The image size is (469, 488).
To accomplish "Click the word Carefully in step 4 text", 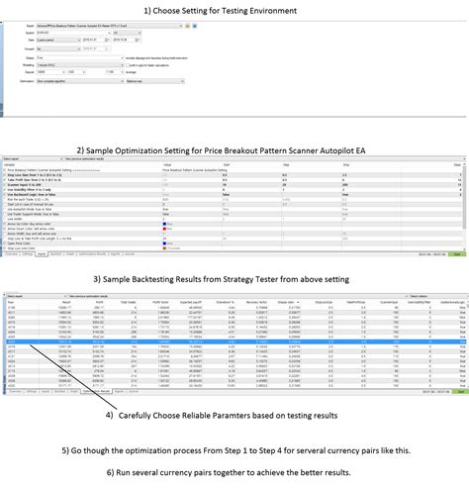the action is [143, 414].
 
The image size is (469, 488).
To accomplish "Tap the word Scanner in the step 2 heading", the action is [311, 150].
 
